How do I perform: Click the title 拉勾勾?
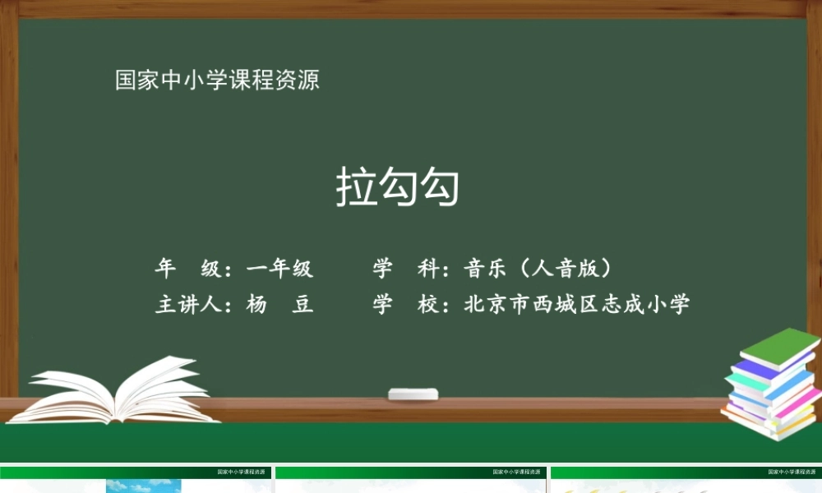point(397,187)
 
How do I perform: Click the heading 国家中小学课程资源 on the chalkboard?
point(217,81)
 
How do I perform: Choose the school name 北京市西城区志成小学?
point(577,305)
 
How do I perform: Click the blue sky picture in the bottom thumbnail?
point(143,486)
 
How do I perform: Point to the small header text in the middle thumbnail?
point(519,472)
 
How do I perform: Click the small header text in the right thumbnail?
point(794,472)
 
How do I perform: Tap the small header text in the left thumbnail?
point(243,472)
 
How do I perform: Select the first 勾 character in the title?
point(398,187)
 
